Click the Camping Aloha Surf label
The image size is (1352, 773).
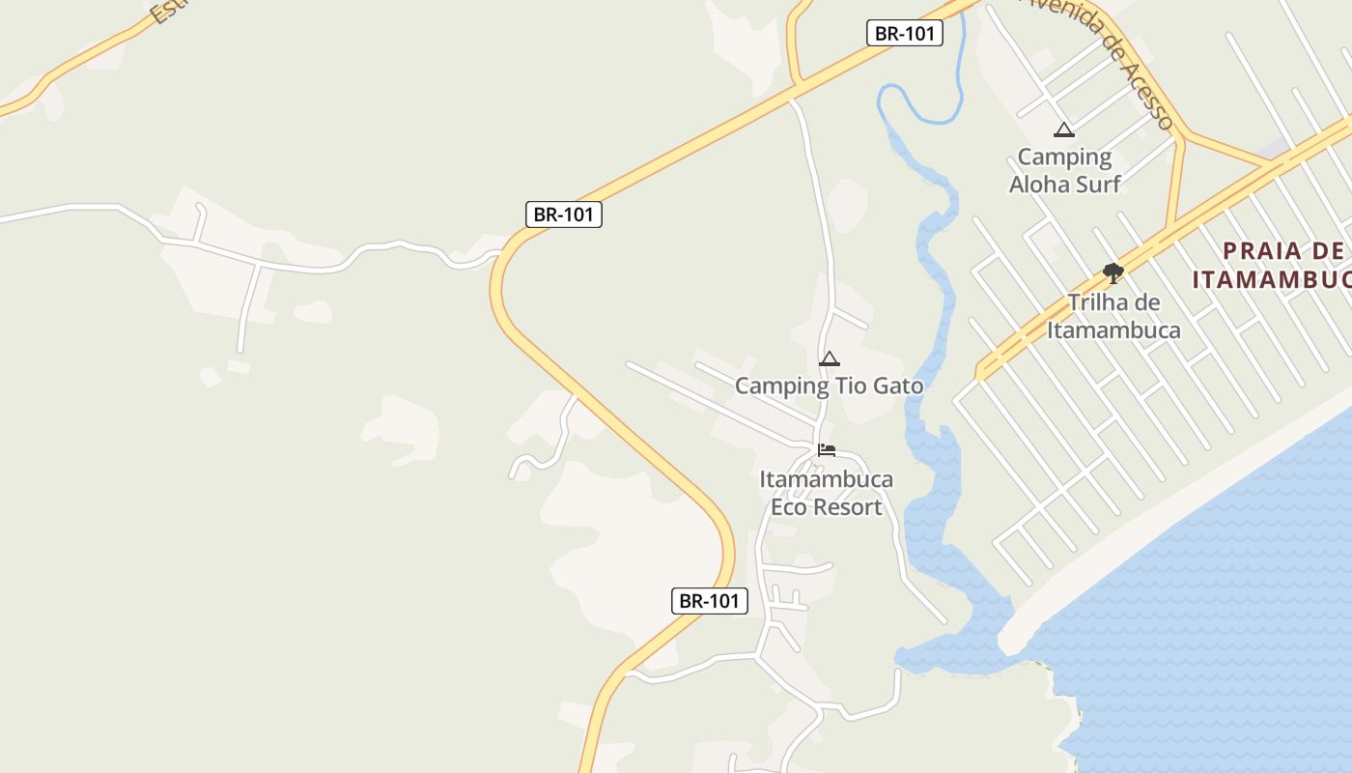click(1064, 170)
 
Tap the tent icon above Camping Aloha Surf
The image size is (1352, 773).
click(1064, 130)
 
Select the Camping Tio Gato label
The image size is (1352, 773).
click(829, 386)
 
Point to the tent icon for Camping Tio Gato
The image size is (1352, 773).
click(829, 359)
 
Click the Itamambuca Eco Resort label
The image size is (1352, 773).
click(826, 493)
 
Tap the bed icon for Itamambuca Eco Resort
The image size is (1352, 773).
click(827, 450)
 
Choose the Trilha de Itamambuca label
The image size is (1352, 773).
click(1113, 316)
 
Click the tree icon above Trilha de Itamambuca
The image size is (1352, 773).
click(1113, 273)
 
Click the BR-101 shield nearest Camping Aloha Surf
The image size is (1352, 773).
click(904, 33)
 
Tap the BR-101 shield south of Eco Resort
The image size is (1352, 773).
click(710, 601)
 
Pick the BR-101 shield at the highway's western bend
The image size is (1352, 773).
click(564, 215)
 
